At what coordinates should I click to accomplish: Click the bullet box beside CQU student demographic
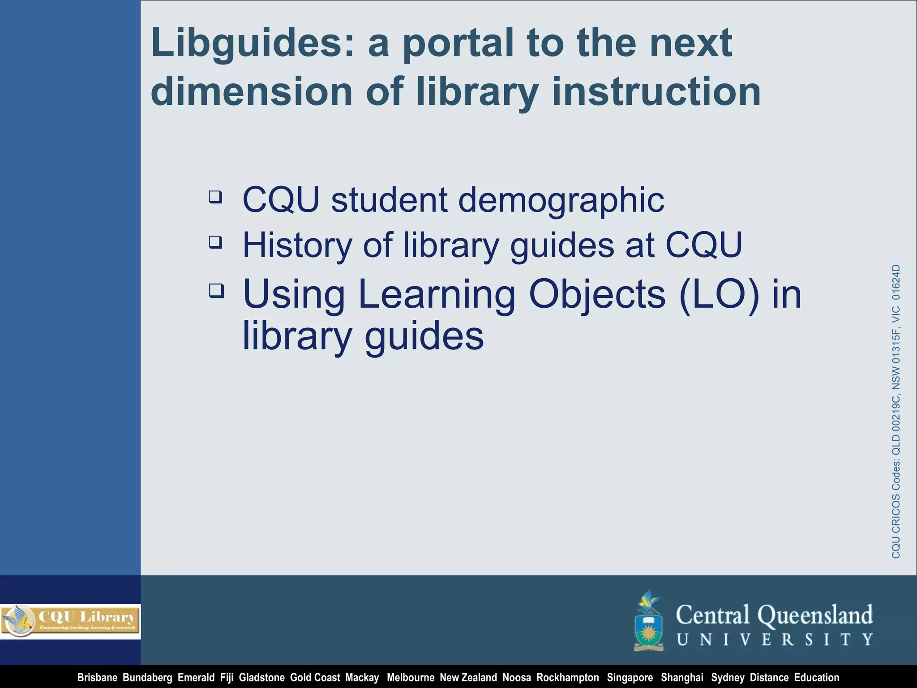tap(215, 197)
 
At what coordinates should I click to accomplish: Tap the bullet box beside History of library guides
tap(215, 242)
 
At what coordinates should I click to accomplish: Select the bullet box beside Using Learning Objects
tap(216, 291)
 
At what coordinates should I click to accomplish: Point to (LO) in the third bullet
tap(719, 294)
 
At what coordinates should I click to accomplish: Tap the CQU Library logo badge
tap(70, 621)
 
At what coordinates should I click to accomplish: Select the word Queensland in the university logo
tap(815, 615)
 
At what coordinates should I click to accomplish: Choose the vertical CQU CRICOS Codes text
tap(896, 411)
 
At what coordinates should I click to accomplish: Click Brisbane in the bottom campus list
tap(97, 678)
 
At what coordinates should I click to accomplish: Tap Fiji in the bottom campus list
tap(227, 678)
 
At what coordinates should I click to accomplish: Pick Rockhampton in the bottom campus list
tap(567, 678)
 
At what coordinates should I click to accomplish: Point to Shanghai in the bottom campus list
tap(682, 678)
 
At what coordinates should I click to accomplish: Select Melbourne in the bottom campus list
tap(410, 678)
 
